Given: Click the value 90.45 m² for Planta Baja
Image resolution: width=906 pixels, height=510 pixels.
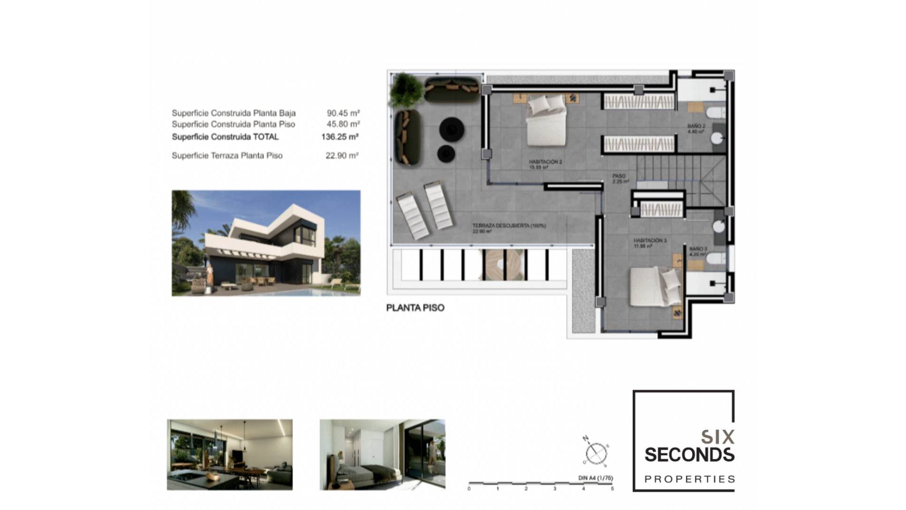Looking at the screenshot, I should [343, 113].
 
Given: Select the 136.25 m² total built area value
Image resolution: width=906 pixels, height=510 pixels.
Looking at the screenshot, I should [340, 137].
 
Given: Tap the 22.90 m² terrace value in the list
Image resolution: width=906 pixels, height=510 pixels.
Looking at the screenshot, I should [342, 155].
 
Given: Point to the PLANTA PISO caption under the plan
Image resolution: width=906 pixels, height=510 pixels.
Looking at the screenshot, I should [415, 308].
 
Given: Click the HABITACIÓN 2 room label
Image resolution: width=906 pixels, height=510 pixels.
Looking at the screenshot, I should [545, 162].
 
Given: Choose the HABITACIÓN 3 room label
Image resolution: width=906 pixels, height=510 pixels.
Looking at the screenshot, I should [650, 241].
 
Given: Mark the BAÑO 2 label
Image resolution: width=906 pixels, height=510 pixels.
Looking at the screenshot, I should [696, 127].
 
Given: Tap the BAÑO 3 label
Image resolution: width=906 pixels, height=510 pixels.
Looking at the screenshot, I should [698, 249].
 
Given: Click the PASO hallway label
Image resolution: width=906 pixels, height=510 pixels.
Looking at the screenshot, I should [619, 176].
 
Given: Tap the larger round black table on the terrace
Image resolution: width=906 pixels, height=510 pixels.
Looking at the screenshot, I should [452, 128].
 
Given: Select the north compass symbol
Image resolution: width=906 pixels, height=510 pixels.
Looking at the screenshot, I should [596, 453].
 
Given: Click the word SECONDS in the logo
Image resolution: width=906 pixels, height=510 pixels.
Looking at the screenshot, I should [689, 455].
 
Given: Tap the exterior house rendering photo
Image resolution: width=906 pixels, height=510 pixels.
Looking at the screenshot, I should [266, 243].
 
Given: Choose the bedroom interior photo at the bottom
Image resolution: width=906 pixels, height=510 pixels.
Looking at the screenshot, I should [382, 454].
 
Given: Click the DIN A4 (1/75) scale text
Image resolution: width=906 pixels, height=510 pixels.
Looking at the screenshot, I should [596, 478].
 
